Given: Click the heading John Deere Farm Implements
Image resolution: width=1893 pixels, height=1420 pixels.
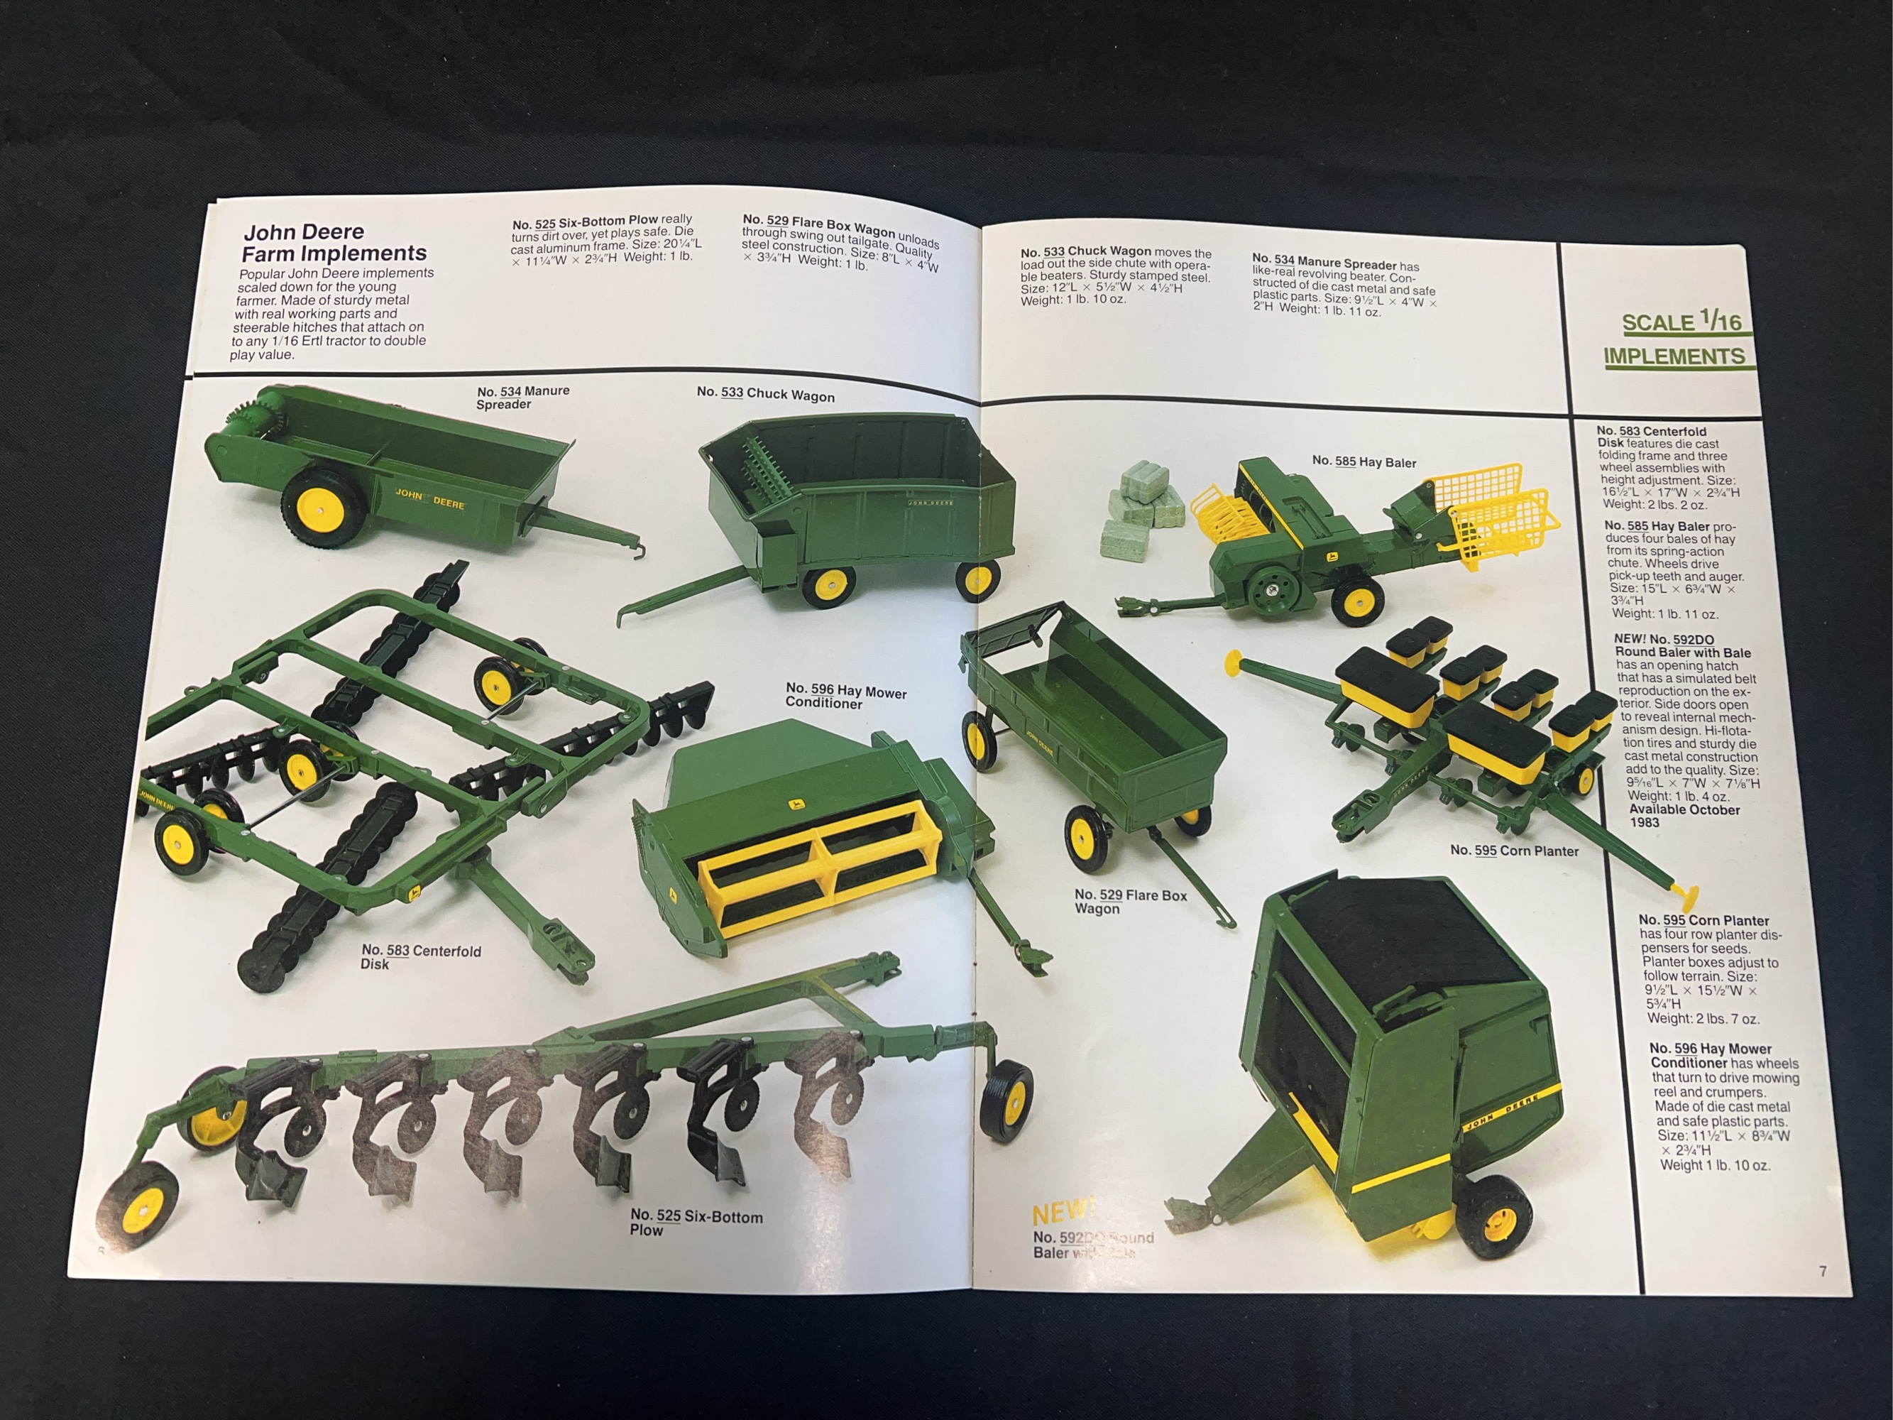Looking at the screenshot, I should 334,242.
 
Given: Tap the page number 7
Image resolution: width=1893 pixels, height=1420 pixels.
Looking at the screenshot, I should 1822,1271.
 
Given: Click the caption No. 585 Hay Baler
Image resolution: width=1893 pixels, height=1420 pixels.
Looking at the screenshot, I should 1363,462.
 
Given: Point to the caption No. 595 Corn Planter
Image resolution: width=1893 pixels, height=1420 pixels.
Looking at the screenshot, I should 1514,850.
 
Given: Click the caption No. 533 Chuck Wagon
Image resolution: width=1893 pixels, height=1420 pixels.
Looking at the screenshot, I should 765,394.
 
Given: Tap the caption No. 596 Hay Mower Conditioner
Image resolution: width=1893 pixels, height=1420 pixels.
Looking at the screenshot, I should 845,696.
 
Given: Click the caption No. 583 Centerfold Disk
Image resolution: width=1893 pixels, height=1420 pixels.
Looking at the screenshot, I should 420,956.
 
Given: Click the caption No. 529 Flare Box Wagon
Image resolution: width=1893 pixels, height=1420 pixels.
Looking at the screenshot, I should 1130,900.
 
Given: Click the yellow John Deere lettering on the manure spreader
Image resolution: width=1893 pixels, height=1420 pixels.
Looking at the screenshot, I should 429,498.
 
